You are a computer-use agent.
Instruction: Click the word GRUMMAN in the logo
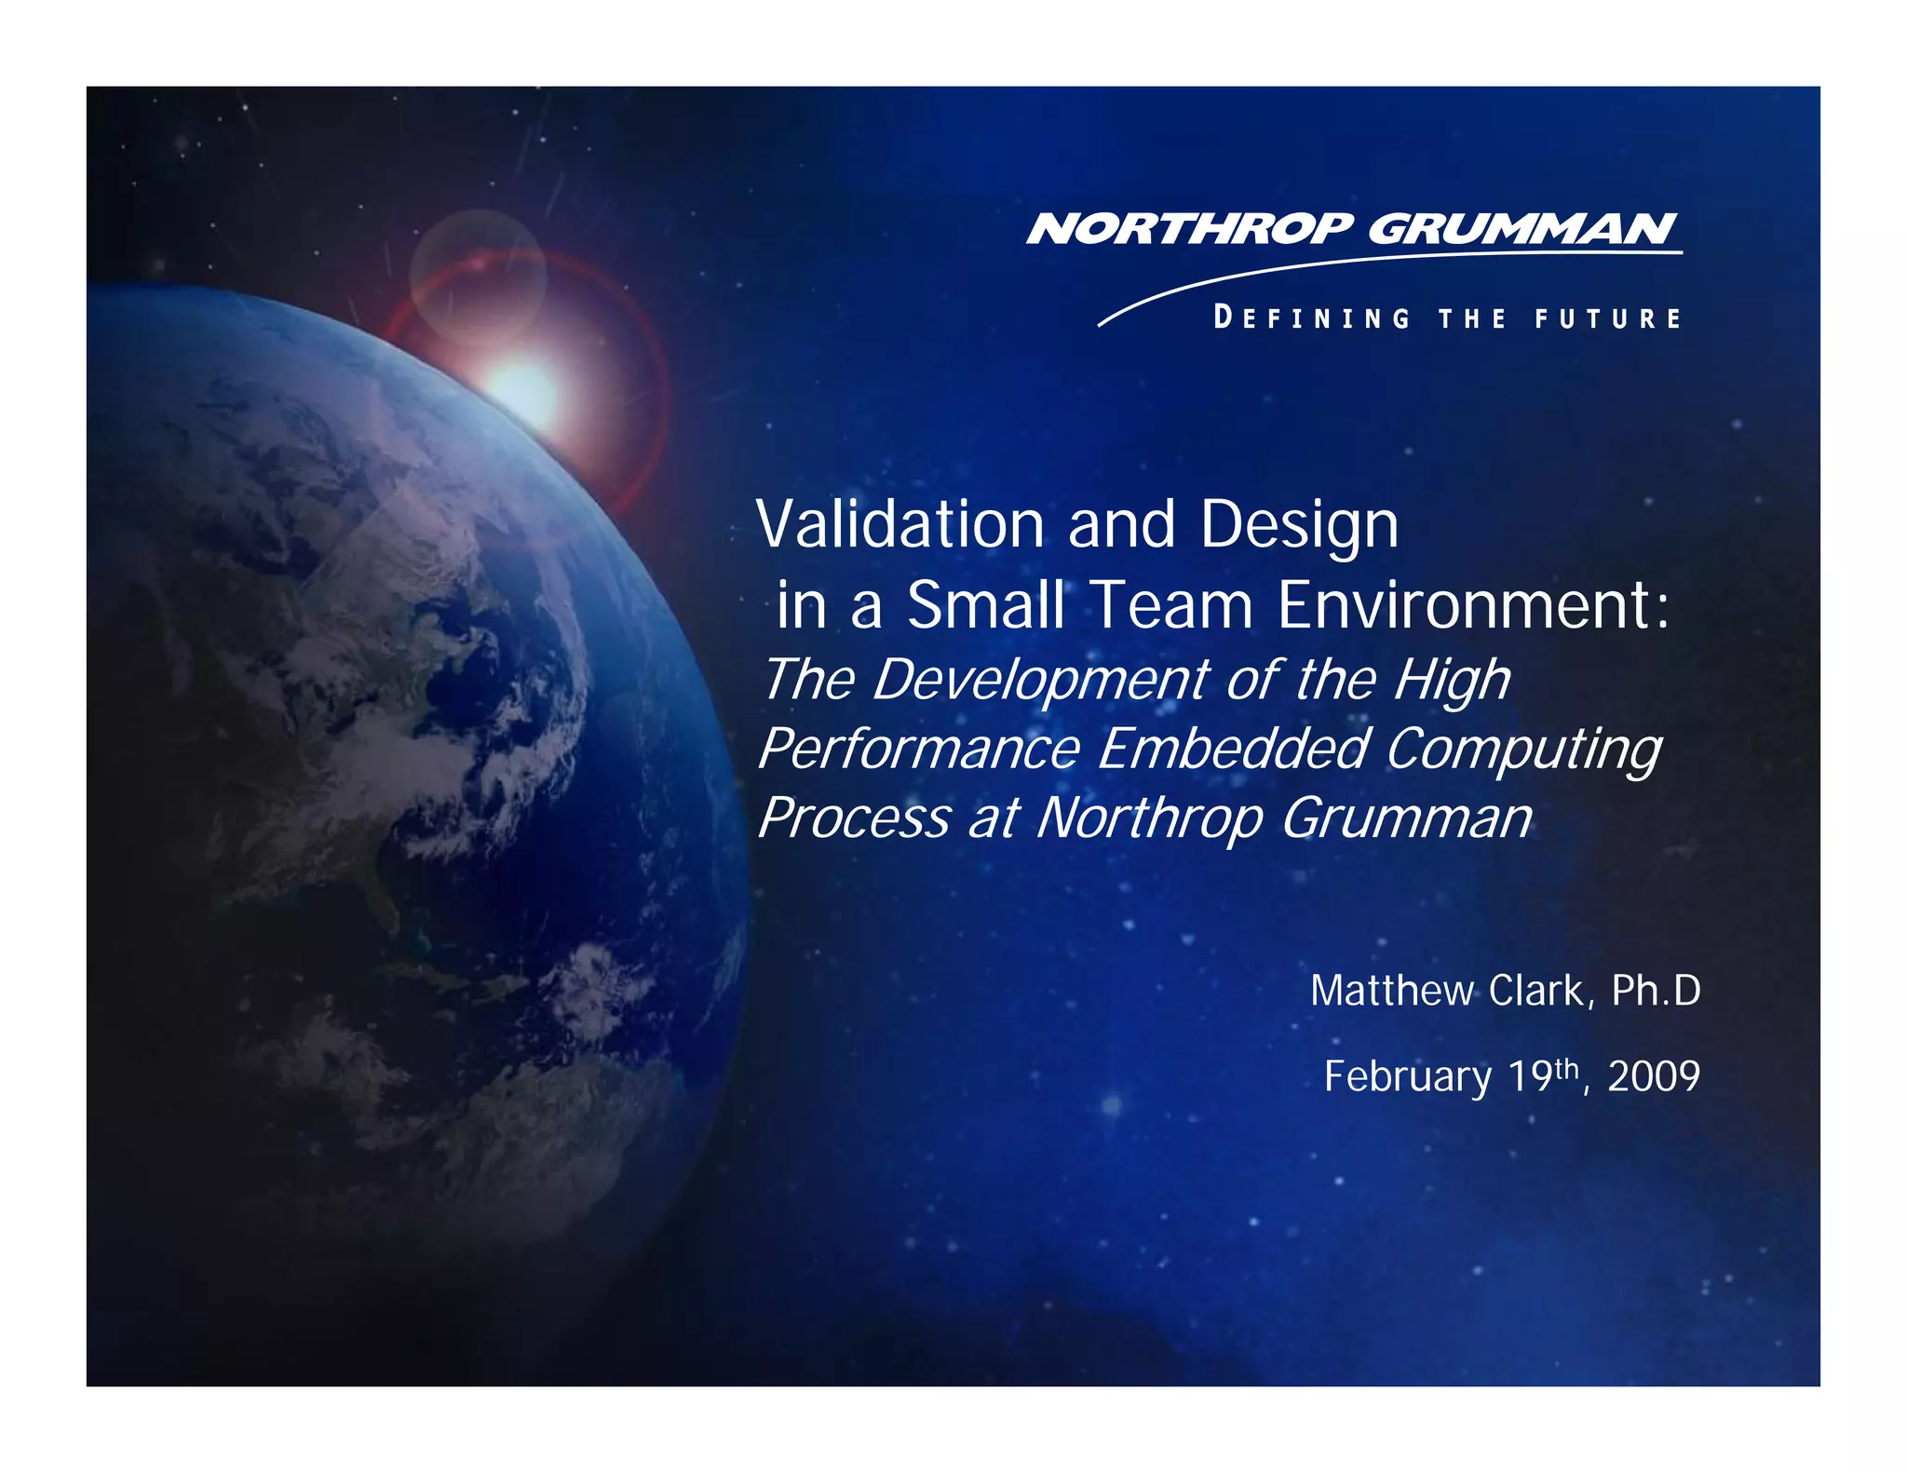pyautogui.click(x=1522, y=229)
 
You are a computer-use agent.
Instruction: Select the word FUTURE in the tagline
pyautogui.click(x=1608, y=318)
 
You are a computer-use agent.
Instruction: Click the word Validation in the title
pyautogui.click(x=900, y=524)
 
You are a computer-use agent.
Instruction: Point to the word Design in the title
pyautogui.click(x=1299, y=526)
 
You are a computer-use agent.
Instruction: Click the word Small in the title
pyautogui.click(x=985, y=605)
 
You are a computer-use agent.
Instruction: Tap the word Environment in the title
pyautogui.click(x=1466, y=605)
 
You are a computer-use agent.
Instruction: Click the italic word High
pyautogui.click(x=1452, y=681)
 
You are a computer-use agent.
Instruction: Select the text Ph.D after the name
pyautogui.click(x=1656, y=991)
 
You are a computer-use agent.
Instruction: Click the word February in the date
pyautogui.click(x=1407, y=1077)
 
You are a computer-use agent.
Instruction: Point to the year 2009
pyautogui.click(x=1654, y=1076)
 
